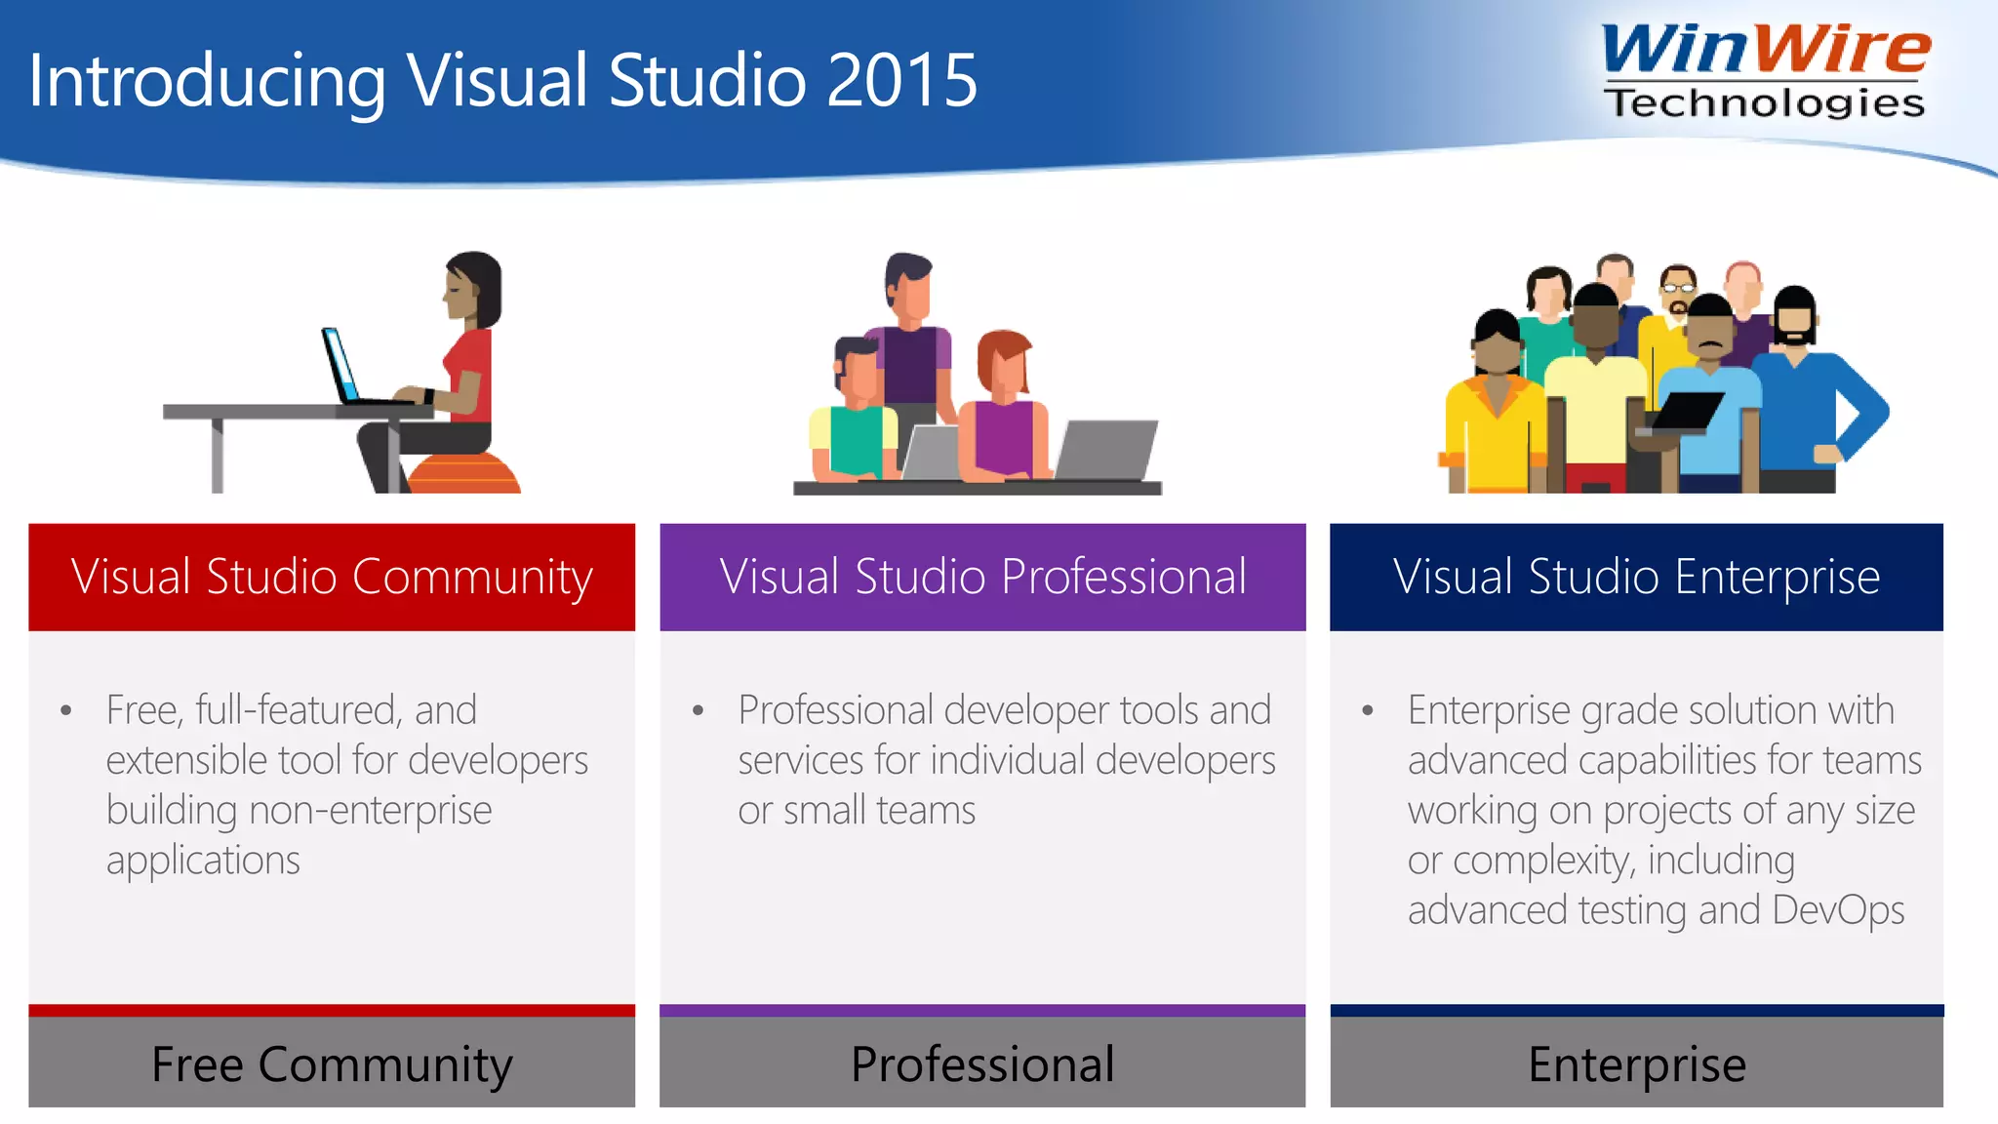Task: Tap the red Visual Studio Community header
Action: pyautogui.click(x=332, y=577)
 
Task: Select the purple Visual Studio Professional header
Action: pyautogui.click(x=982, y=577)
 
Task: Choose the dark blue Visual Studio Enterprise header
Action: pyautogui.click(x=1636, y=577)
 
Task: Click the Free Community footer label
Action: pyautogui.click(x=332, y=1064)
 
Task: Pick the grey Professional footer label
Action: pyautogui.click(x=982, y=1064)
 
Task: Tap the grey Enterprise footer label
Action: pyautogui.click(x=1636, y=1064)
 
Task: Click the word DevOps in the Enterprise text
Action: pyautogui.click(x=1838, y=910)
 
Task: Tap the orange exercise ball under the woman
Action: pyautogui.click(x=466, y=474)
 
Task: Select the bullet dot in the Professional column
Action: pyautogui.click(x=698, y=711)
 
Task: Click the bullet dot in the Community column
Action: pyautogui.click(x=65, y=711)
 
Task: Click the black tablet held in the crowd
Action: pyautogui.click(x=1685, y=410)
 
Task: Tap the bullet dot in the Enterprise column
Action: pyautogui.click(x=1368, y=711)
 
